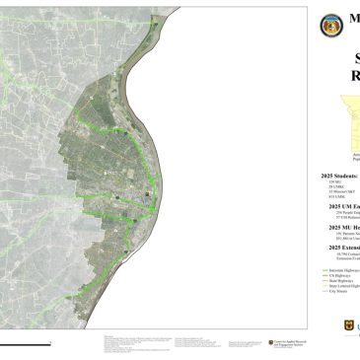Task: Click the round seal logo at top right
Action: click(x=330, y=25)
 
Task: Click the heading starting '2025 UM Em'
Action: click(x=342, y=207)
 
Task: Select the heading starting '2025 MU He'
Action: click(x=342, y=227)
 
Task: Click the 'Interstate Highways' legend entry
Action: click(x=344, y=269)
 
